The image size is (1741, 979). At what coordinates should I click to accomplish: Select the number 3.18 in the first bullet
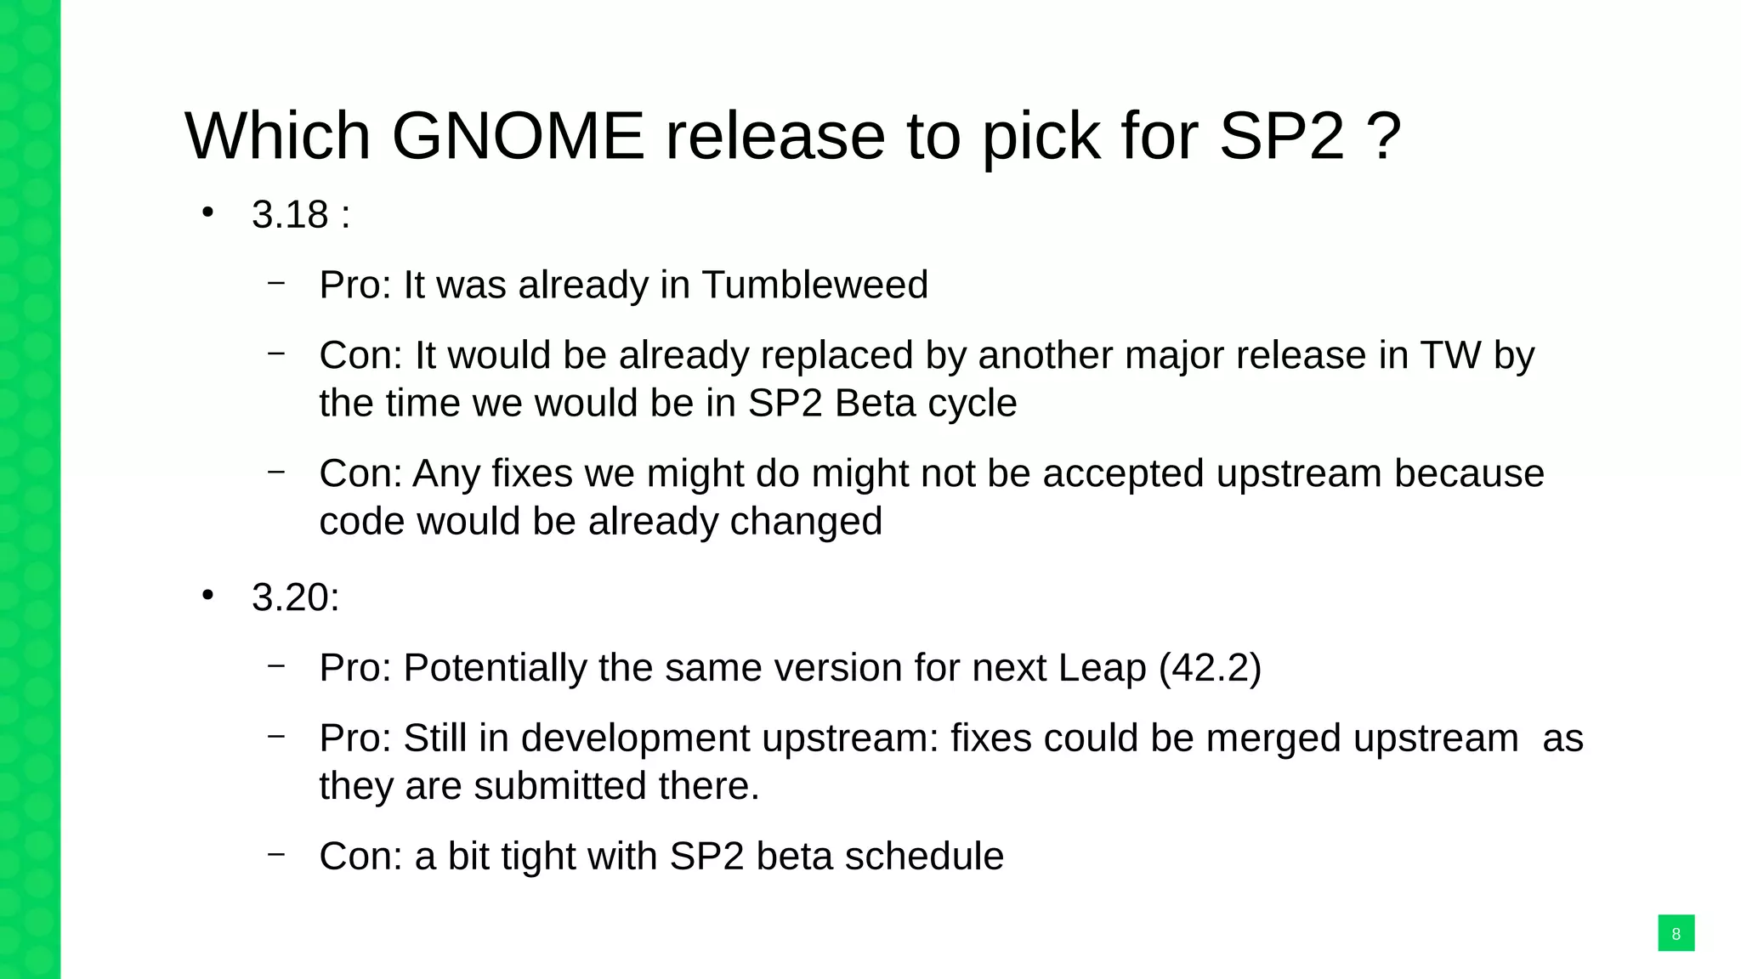pyautogui.click(x=290, y=215)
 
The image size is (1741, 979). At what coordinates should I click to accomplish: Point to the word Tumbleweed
pyautogui.click(x=814, y=285)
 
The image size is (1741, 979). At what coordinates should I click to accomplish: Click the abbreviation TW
pyautogui.click(x=1450, y=355)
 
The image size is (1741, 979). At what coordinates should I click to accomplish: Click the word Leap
pyautogui.click(x=1102, y=668)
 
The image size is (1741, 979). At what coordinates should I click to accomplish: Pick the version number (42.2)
pyautogui.click(x=1210, y=668)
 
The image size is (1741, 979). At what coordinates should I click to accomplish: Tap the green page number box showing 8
pyautogui.click(x=1676, y=933)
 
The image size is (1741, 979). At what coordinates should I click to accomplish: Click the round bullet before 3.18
pyautogui.click(x=207, y=212)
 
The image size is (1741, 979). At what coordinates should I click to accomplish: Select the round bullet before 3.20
pyautogui.click(x=207, y=595)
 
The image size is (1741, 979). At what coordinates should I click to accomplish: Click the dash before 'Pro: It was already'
pyautogui.click(x=275, y=283)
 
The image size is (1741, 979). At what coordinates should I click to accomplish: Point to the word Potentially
pyautogui.click(x=495, y=668)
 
